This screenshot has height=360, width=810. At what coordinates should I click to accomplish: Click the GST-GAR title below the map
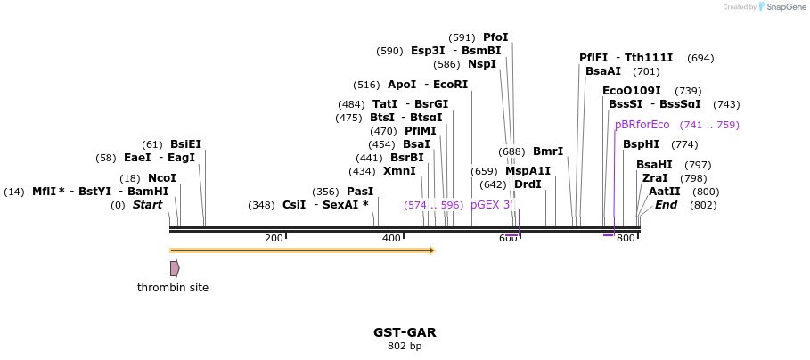405,332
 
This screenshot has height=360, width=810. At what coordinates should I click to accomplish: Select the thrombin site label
173,288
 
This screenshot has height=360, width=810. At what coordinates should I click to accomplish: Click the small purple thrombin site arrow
175,268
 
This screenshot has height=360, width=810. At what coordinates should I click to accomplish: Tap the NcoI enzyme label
162,178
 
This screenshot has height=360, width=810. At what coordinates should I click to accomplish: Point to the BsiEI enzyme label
185,144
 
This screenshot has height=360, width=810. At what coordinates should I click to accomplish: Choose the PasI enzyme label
360,192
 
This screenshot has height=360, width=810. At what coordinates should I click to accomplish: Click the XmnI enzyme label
399,171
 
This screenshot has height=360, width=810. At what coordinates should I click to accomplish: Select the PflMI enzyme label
421,131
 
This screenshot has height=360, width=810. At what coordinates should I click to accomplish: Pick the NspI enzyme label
482,64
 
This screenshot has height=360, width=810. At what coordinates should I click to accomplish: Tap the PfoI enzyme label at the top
495,37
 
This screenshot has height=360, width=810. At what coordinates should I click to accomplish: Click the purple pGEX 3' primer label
492,205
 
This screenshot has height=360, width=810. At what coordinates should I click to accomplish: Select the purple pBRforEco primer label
642,125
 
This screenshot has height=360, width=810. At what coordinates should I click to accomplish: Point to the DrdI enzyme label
528,184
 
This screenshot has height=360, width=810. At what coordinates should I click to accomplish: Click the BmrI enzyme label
548,151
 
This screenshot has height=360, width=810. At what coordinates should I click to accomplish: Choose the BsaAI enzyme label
603,71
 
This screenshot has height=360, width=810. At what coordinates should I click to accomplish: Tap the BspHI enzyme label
641,144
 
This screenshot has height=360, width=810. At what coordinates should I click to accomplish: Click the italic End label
666,205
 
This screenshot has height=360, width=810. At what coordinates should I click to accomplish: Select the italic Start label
148,205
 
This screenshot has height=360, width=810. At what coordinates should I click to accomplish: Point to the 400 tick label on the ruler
391,238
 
